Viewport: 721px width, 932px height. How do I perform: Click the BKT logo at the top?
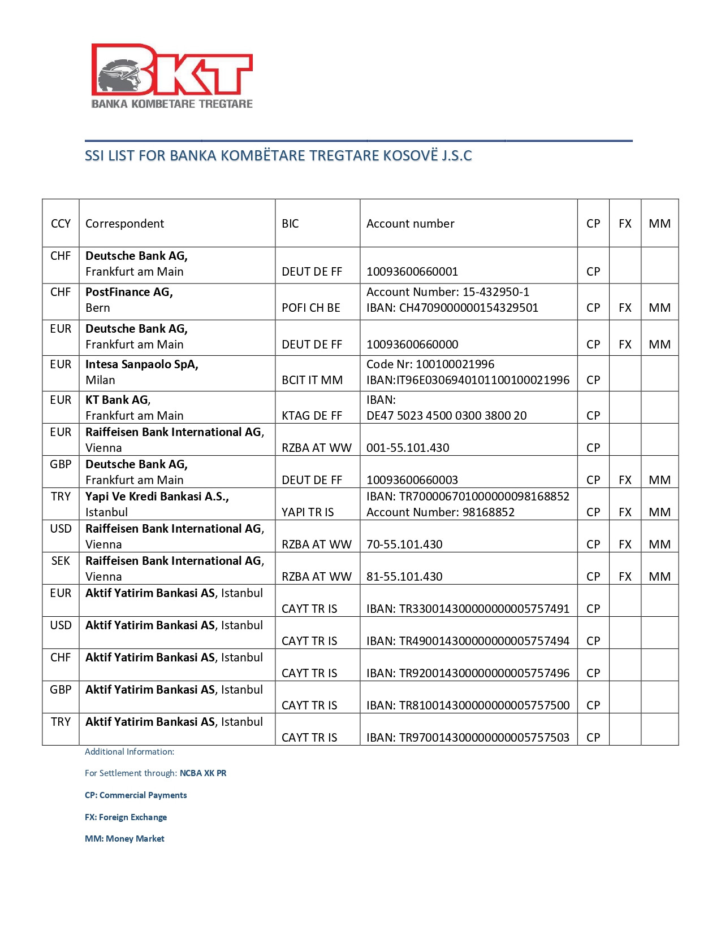coord(172,76)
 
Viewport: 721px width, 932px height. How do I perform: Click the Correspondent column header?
coord(124,224)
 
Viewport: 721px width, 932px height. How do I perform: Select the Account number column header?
coord(410,224)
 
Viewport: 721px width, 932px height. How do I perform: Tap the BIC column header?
coord(290,224)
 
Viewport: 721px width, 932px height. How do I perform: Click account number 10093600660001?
coord(412,272)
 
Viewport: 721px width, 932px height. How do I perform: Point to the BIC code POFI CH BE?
coord(311,308)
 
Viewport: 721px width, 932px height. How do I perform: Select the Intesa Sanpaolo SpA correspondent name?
coord(142,364)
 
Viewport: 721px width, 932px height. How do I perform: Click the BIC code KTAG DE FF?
coord(312,416)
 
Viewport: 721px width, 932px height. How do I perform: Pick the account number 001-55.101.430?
coord(408,448)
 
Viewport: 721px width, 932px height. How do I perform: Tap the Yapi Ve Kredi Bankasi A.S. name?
coord(157,497)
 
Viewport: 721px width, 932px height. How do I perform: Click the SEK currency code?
coord(61,561)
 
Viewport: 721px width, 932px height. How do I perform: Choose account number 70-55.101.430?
coord(404,545)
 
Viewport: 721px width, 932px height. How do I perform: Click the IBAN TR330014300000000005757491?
coord(468,609)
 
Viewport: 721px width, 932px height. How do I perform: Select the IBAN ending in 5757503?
coord(468,738)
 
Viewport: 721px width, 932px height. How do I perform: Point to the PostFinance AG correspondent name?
coord(129,292)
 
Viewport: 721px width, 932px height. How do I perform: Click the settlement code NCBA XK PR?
coord(203,773)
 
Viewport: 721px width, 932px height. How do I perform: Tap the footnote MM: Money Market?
coord(124,839)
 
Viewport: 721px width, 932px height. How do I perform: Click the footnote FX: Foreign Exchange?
coord(126,817)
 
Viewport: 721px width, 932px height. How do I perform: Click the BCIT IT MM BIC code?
coord(312,380)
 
